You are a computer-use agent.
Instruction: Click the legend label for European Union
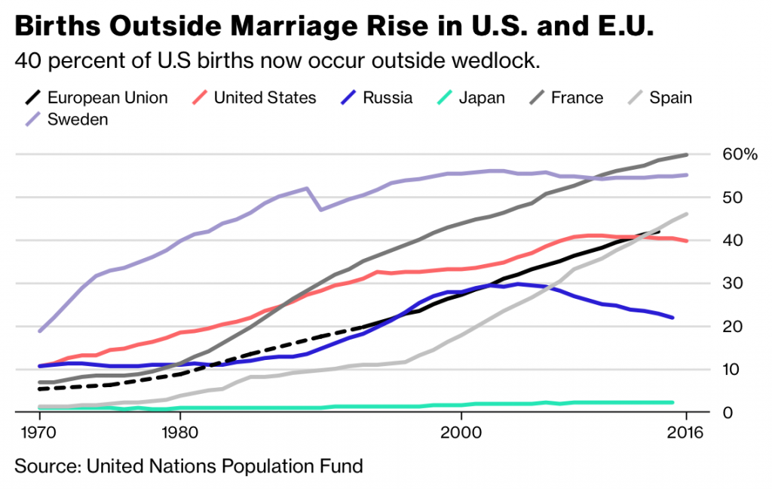coord(107,97)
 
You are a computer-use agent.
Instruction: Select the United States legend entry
coord(265,97)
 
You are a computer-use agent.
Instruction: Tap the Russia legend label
coord(388,97)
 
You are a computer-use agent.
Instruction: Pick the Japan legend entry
coord(482,97)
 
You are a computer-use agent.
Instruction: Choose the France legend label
coord(577,97)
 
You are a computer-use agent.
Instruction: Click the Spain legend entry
coord(670,97)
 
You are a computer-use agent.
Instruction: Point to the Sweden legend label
coord(78,119)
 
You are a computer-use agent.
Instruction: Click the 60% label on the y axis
coord(740,155)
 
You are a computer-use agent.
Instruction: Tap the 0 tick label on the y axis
coord(728,413)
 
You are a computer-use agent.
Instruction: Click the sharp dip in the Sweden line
coord(321,209)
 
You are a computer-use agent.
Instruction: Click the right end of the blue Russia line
coord(672,318)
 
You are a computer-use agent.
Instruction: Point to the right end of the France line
coord(687,155)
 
